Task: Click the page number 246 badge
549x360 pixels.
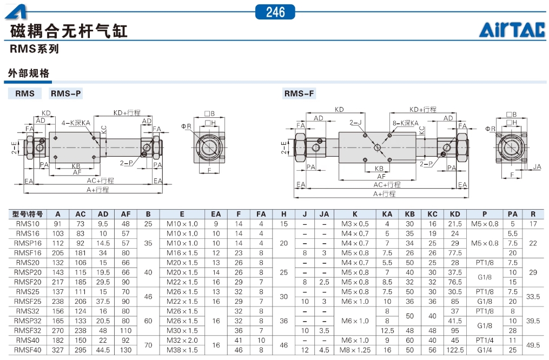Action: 275,11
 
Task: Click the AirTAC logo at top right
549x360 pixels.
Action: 512,30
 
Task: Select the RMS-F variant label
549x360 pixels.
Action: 299,94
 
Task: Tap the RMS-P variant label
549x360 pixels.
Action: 66,94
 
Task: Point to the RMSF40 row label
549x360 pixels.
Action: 28,350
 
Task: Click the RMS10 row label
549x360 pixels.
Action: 28,224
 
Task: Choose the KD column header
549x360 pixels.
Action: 455,214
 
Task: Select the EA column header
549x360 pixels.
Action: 216,214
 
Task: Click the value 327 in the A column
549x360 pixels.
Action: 58,350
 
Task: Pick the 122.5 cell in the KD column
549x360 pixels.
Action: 455,350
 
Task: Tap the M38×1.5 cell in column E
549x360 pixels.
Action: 182,350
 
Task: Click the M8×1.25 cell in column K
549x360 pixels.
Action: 355,350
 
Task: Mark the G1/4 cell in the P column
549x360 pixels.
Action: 485,350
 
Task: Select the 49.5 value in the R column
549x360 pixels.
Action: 533,345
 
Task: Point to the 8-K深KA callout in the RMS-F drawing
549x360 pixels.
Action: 406,123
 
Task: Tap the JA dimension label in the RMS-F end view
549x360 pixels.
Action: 537,167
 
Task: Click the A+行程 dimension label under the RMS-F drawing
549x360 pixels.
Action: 384,194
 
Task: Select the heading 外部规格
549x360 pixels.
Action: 29,73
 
